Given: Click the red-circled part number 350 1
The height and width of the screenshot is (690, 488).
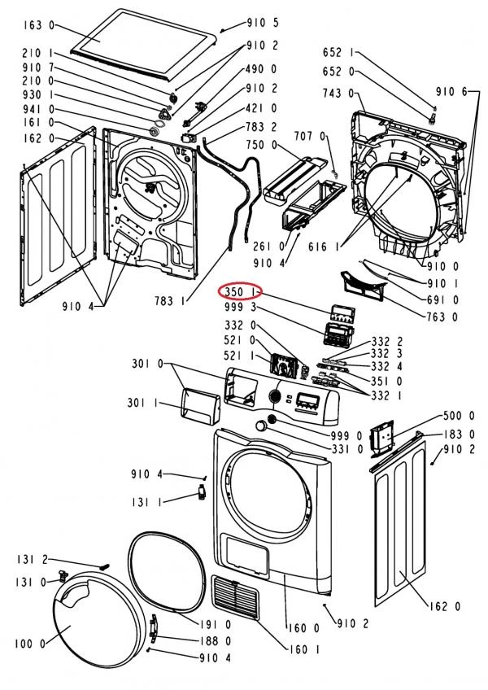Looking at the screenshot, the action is click(240, 292).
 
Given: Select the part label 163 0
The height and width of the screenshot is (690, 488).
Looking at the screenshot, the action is click(39, 25).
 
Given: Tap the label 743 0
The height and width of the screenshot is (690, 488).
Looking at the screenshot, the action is click(338, 93).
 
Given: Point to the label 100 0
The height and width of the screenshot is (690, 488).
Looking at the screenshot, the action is click(30, 644).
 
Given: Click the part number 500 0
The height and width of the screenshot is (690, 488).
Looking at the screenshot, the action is click(459, 416).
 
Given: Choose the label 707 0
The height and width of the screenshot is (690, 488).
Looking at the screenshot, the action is click(309, 137).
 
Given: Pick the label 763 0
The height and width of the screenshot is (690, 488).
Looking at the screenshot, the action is click(442, 317).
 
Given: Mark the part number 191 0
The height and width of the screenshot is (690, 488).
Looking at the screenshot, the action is click(216, 624).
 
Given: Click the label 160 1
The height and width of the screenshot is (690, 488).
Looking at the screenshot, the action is click(304, 649).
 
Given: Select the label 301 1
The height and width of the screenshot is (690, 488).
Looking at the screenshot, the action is click(142, 402).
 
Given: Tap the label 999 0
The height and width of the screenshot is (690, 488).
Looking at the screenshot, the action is click(346, 435).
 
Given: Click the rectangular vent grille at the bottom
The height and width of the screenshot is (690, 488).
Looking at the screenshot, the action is click(235, 597).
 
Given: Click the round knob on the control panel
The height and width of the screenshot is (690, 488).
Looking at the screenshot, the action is click(274, 395).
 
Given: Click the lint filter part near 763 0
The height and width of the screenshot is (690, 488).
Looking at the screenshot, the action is click(362, 285).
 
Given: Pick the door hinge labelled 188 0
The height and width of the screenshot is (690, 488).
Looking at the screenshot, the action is click(154, 626).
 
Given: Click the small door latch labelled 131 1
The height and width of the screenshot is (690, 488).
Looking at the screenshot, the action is click(202, 491).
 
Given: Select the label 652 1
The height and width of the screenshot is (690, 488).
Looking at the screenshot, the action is click(338, 53).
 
